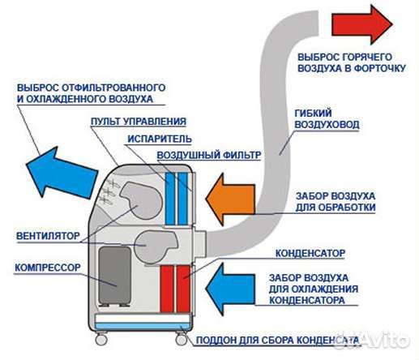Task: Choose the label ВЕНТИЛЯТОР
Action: pos(47,237)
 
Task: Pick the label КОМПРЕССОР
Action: pos(47,265)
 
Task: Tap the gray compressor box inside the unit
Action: pos(113,276)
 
